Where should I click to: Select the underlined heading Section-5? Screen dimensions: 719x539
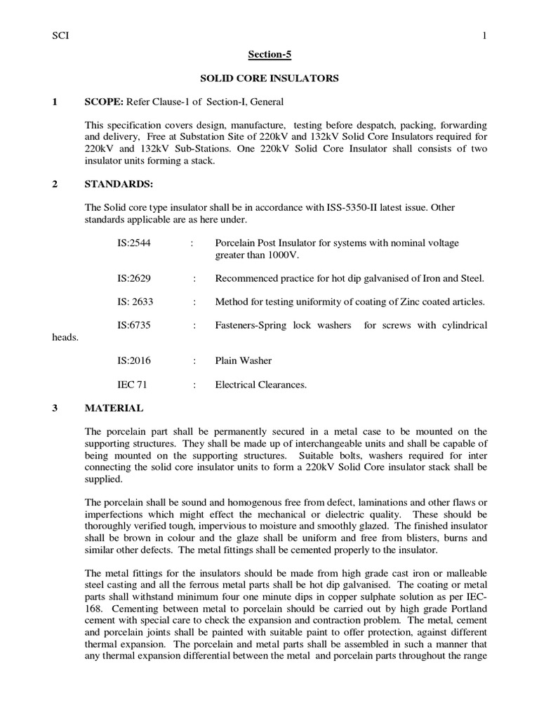[x=269, y=55]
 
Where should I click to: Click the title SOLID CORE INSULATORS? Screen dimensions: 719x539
[x=269, y=79]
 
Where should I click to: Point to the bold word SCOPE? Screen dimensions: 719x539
[x=104, y=102]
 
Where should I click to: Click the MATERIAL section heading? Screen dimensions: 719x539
[x=114, y=408]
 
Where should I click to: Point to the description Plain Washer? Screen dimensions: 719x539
[x=244, y=361]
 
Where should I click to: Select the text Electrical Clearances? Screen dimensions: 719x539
[x=261, y=384]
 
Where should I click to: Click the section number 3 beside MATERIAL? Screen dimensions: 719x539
[x=55, y=408]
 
